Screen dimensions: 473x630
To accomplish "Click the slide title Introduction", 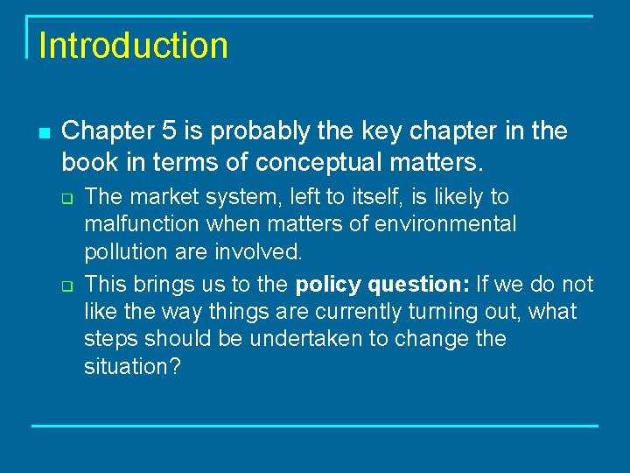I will pos(133,46).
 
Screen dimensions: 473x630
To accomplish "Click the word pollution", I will pos(122,252).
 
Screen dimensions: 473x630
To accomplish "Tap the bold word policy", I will pos(329,285).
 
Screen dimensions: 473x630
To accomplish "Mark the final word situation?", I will pos(132,366).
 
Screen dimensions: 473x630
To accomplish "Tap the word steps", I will pos(112,338).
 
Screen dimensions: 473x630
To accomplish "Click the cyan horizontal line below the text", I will pos(315,426).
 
